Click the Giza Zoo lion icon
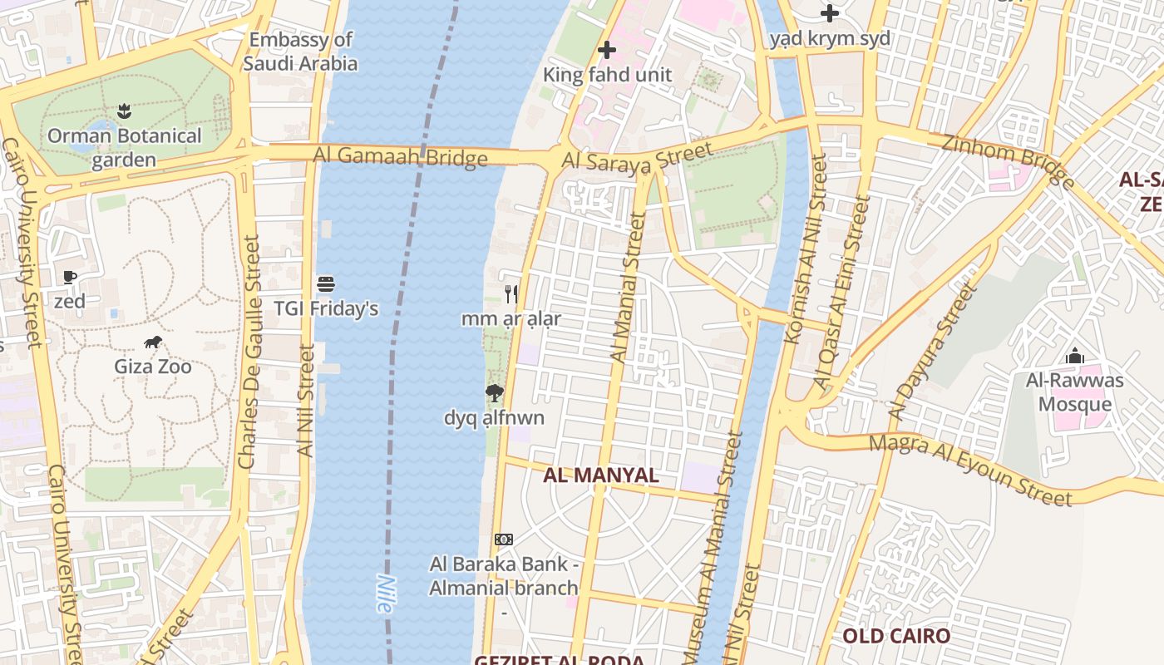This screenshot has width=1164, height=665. [152, 342]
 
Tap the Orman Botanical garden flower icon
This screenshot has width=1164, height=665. [124, 111]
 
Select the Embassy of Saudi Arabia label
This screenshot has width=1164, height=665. [301, 52]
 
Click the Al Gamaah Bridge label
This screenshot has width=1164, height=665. [400, 157]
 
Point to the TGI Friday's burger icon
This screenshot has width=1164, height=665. [326, 284]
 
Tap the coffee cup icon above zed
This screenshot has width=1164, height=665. [70, 277]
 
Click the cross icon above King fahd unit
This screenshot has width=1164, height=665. [607, 50]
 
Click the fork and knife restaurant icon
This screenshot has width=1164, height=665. [511, 293]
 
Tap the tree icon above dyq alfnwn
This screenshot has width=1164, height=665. [494, 393]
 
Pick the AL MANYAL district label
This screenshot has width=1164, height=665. [600, 475]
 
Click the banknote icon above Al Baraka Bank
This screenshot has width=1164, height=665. [504, 539]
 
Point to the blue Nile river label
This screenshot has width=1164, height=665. [383, 594]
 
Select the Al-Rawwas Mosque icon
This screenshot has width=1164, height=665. [1075, 357]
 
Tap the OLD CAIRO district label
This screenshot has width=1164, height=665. [896, 637]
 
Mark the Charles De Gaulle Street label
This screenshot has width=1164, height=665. [249, 351]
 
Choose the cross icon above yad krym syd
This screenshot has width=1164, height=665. [829, 13]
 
